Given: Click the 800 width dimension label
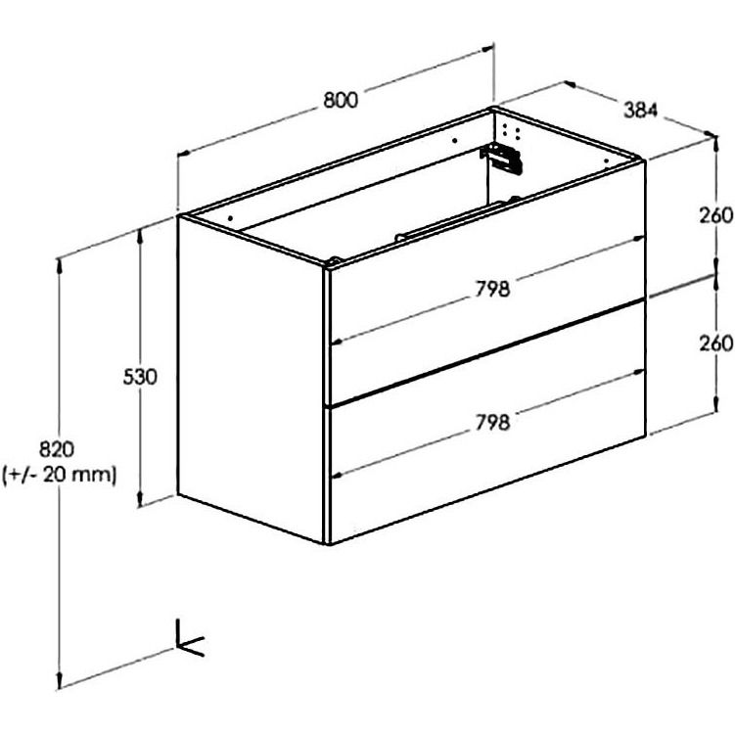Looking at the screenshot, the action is (x=341, y=100).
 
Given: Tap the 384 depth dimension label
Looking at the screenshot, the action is (x=641, y=110).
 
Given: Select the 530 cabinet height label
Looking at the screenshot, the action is (x=140, y=377).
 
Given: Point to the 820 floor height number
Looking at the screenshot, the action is (x=56, y=449).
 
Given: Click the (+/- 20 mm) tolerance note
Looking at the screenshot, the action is (x=59, y=476).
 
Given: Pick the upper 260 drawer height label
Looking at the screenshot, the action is (x=715, y=215).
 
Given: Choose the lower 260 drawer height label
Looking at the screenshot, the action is (x=715, y=344).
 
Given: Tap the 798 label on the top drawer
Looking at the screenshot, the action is (x=492, y=289).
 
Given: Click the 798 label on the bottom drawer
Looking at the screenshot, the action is (x=492, y=423).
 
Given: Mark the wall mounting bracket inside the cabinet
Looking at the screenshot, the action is (x=501, y=158).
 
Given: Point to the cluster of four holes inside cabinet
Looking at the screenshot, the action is (x=511, y=131).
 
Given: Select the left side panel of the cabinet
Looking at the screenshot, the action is (x=252, y=380).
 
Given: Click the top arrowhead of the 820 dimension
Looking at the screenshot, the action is (x=59, y=265).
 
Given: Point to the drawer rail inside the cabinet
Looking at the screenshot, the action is (x=450, y=219).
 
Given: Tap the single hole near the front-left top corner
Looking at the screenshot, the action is (x=230, y=218).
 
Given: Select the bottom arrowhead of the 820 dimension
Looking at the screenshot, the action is (x=59, y=680).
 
